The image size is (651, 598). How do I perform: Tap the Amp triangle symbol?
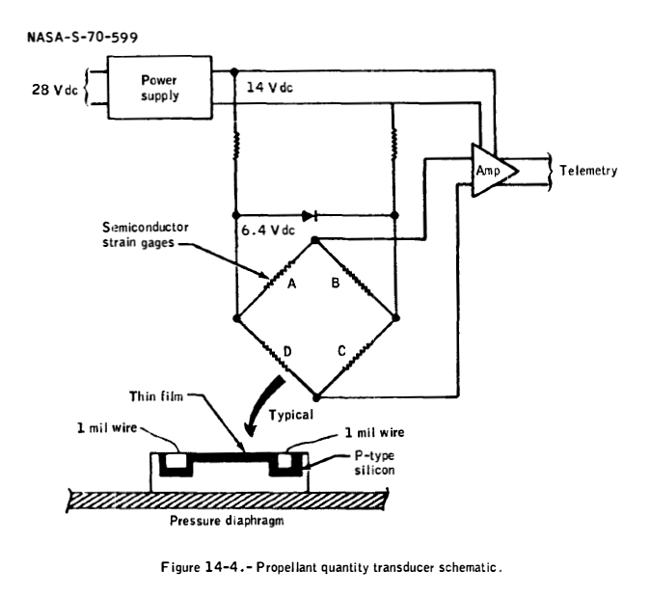(x=490, y=169)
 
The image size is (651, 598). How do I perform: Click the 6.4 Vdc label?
(x=264, y=231)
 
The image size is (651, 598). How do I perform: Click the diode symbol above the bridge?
(x=308, y=215)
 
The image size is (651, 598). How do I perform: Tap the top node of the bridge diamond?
(x=316, y=240)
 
